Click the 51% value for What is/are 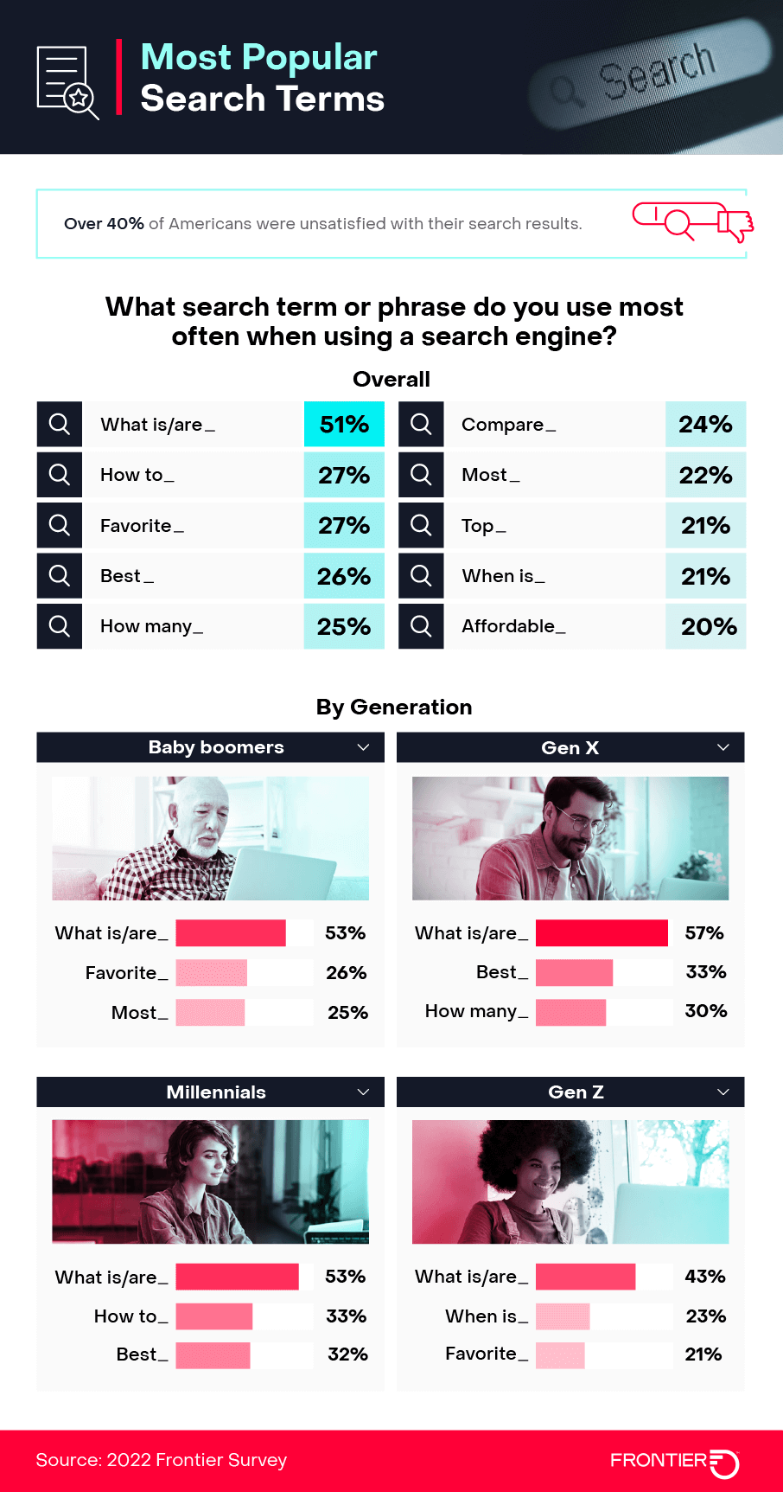coord(344,425)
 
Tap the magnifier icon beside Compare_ coord(421,425)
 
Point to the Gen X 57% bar coord(602,933)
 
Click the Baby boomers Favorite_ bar coord(212,973)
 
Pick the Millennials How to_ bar coord(214,1316)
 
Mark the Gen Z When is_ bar coord(563,1316)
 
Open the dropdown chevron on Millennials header coord(364,1092)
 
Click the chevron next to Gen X coord(723,747)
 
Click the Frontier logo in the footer coord(674,1461)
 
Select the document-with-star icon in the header coord(67,82)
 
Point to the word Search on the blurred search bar coord(658,70)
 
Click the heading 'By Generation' coord(394,708)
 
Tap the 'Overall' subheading coord(391,380)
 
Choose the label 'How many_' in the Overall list coord(151,626)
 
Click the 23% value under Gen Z coord(705,1316)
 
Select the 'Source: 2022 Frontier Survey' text coord(162,1461)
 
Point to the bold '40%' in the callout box coord(125,224)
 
